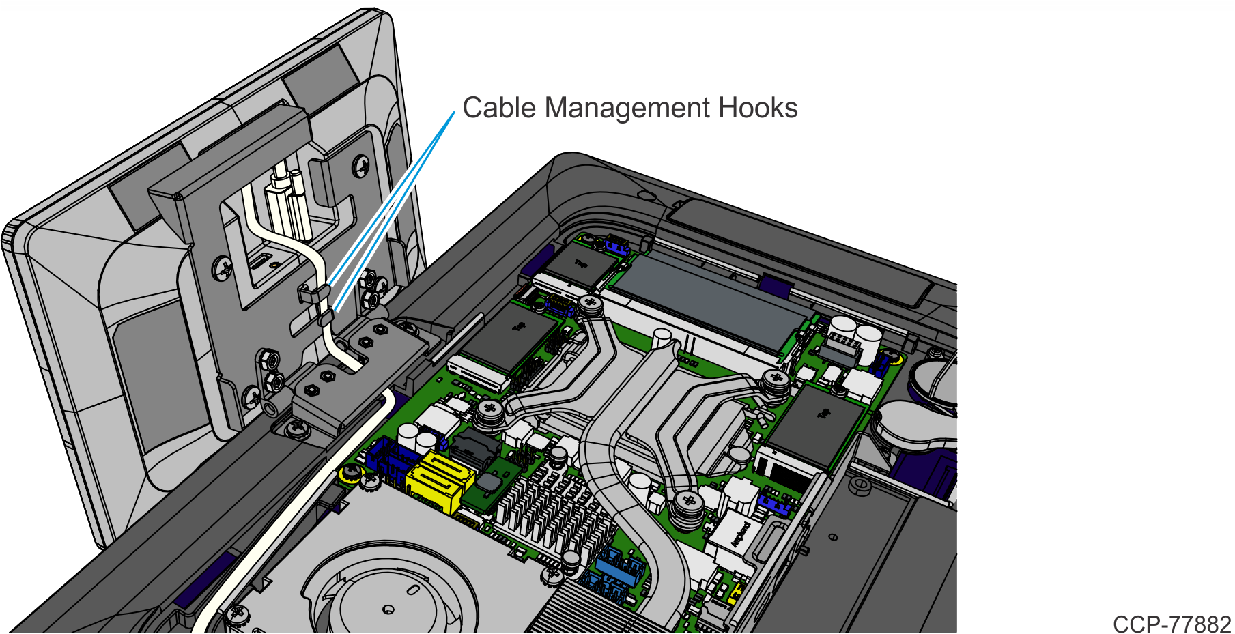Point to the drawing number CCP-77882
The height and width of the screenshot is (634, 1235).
(1172, 624)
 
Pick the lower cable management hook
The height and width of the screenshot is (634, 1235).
(326, 317)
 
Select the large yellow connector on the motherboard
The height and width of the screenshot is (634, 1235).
(439, 481)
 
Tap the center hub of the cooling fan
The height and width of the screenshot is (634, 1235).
(388, 609)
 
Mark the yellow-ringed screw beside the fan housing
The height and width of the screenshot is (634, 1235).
(350, 473)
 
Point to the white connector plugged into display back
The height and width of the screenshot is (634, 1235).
(287, 201)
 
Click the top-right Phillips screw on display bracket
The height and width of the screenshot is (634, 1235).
(360, 166)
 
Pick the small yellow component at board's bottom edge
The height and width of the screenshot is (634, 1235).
(734, 594)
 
